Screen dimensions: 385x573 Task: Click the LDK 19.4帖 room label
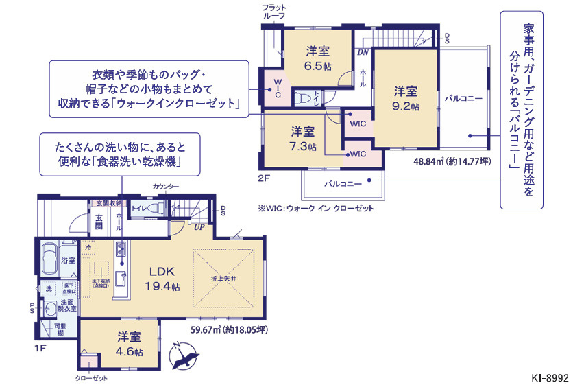(x=162, y=279)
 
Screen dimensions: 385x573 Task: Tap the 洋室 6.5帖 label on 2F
(x=317, y=58)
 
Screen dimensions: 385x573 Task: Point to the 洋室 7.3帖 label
(x=302, y=138)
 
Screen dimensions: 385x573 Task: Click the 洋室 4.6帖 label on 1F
(x=129, y=344)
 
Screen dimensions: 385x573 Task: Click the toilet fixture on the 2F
(x=303, y=98)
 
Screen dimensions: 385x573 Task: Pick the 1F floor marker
(x=40, y=349)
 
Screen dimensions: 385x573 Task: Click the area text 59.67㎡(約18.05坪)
(x=229, y=330)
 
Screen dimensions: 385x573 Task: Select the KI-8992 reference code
(x=550, y=377)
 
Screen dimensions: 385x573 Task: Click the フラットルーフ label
(x=273, y=12)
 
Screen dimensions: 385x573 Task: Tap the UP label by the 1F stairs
(x=199, y=226)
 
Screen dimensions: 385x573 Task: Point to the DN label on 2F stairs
(x=362, y=51)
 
